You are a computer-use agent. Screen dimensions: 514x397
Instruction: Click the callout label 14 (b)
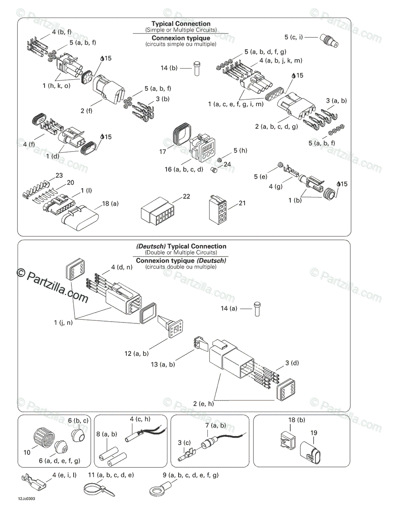[169, 68]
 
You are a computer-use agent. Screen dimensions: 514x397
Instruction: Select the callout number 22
[186, 196]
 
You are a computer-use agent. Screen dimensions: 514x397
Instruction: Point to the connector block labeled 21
[218, 210]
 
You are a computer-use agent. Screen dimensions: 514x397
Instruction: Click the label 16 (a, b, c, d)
[184, 169]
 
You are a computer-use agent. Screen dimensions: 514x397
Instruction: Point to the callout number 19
[313, 433]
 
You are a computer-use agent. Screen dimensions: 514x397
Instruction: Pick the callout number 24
[227, 164]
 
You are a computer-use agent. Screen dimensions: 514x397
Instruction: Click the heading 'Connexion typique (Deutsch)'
[181, 260]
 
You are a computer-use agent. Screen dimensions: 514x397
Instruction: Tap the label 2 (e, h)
[203, 403]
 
